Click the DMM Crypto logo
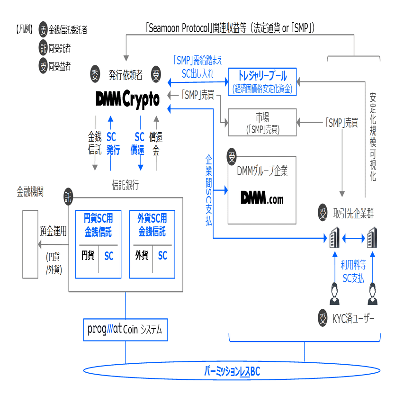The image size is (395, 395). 127,99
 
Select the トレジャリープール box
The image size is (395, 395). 262,81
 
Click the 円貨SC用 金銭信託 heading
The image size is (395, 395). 99,225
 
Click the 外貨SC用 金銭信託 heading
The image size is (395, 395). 152,225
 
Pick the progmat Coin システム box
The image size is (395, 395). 125,330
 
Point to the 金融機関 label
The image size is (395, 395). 30,193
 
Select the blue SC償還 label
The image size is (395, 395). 140,144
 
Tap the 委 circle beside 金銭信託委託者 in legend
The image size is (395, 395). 44,30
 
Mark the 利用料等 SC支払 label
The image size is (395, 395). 353,272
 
